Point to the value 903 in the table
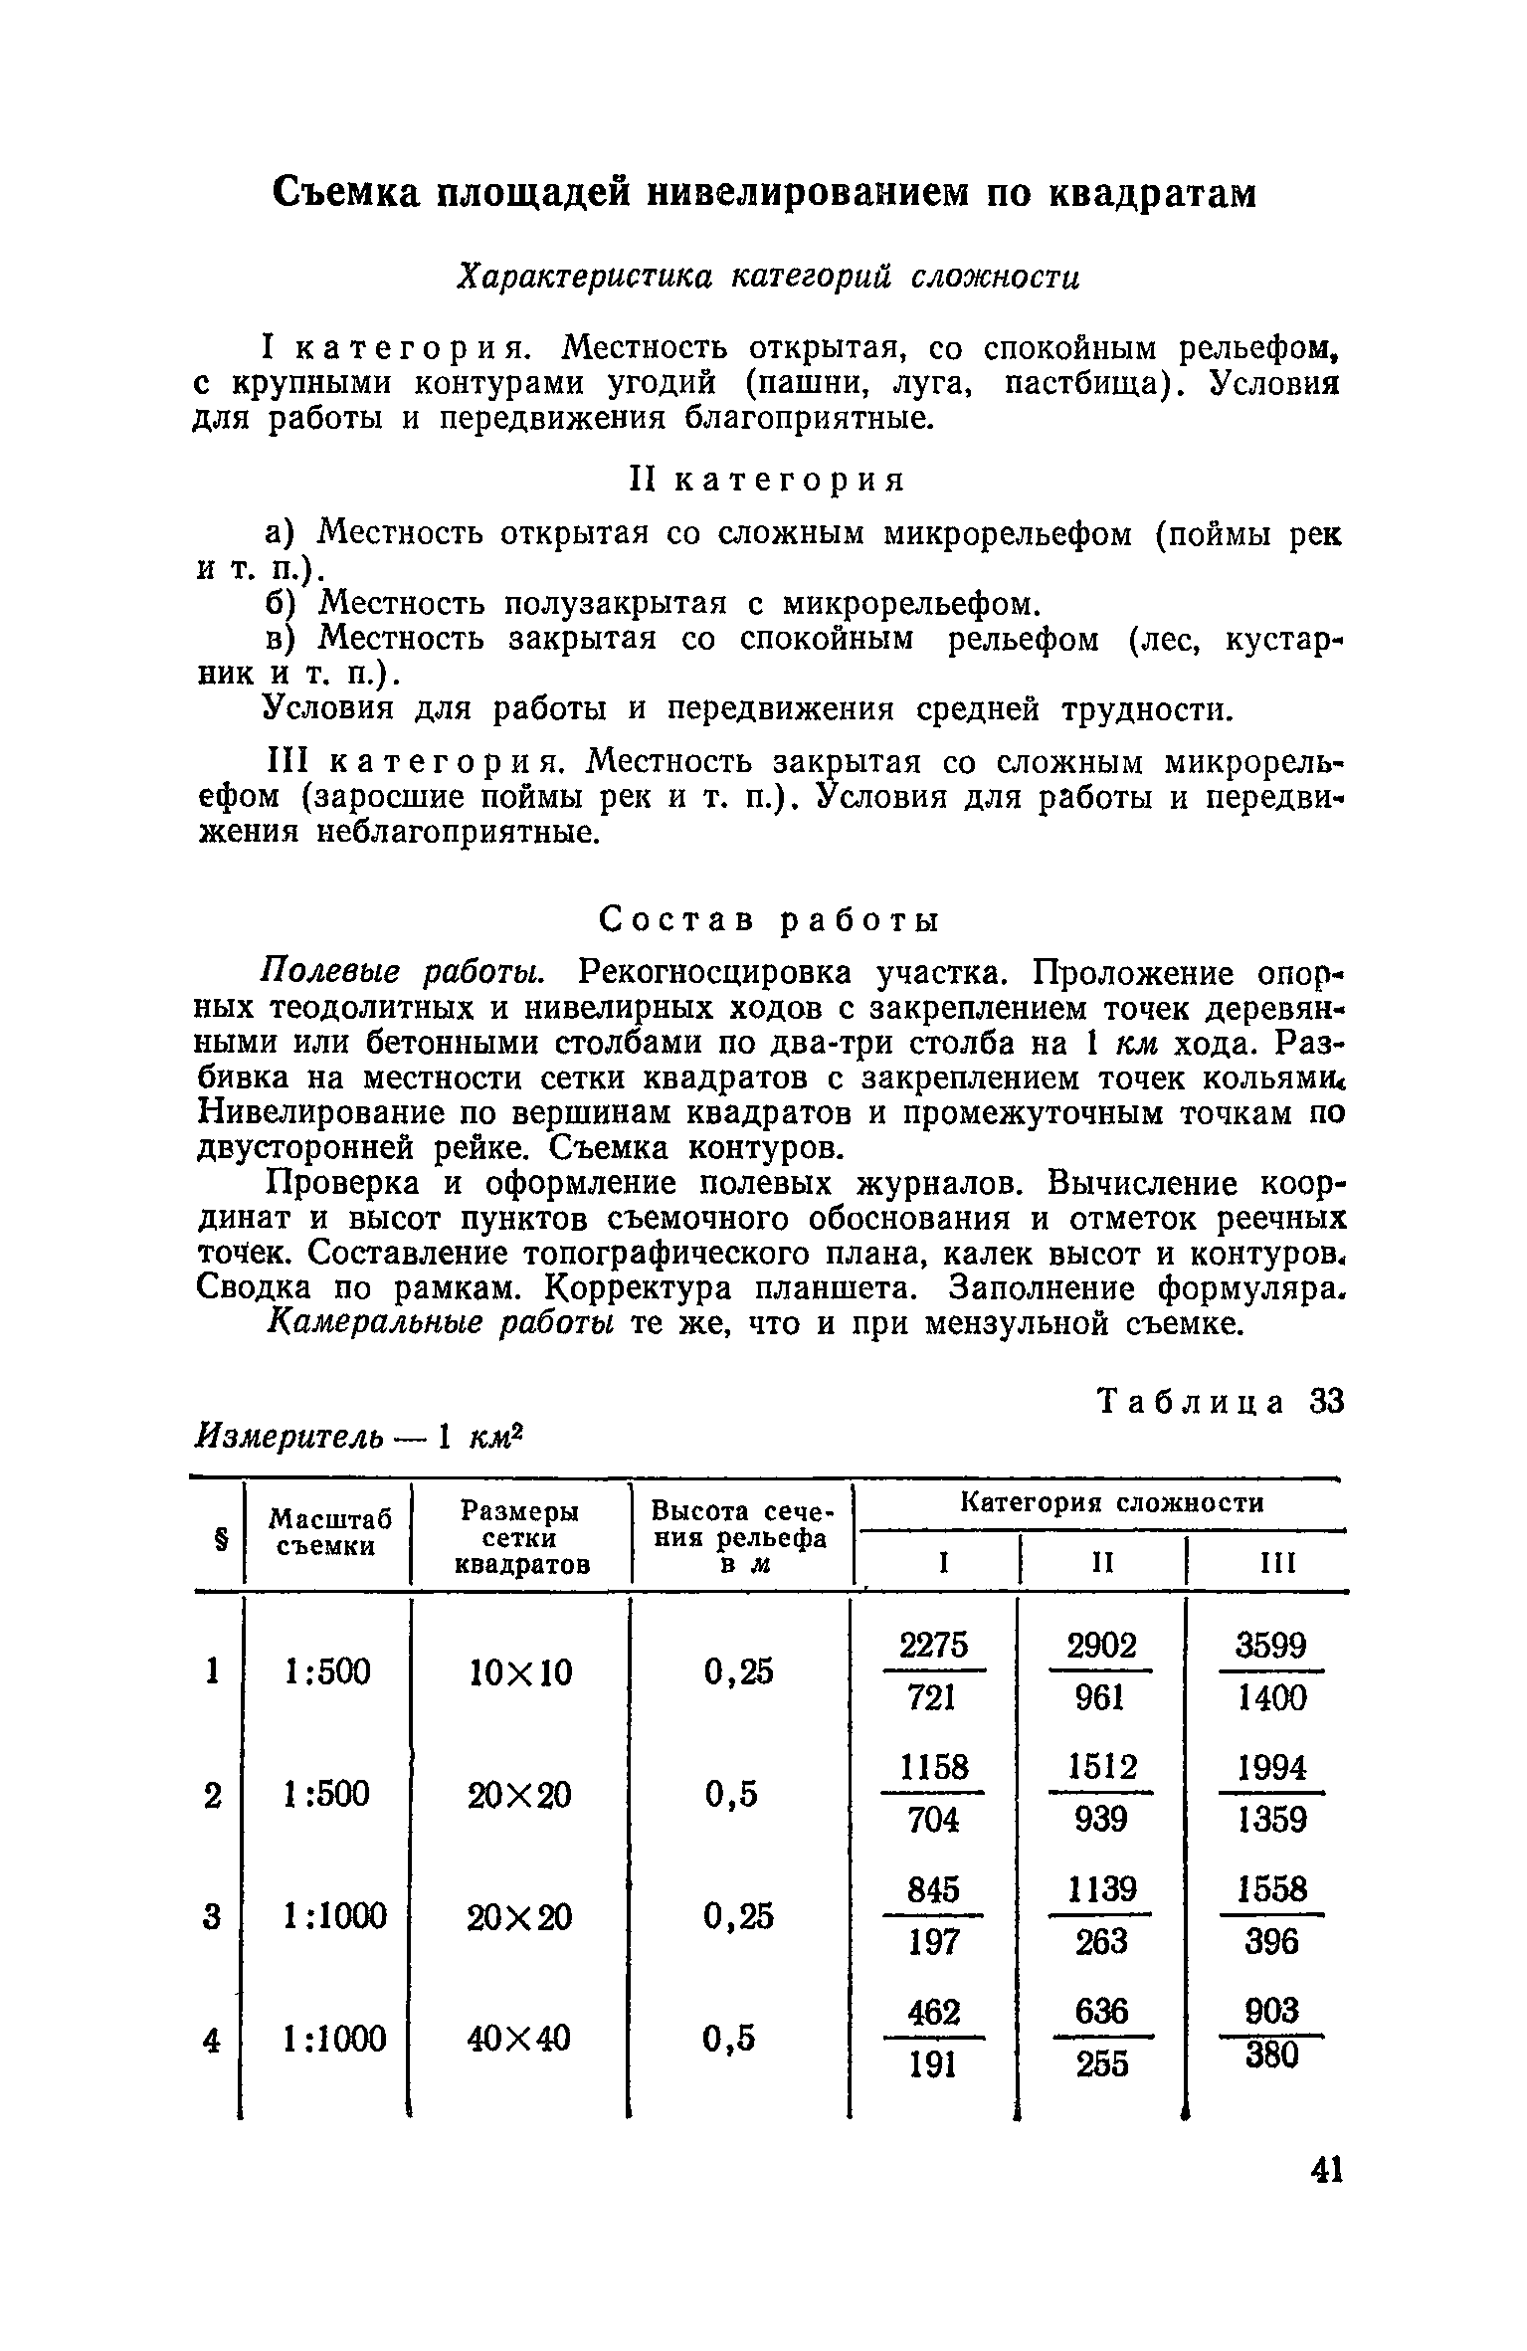tap(1273, 2012)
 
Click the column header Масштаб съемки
tap(329, 1532)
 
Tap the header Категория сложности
tap(1111, 1503)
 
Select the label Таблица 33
tap(1221, 1402)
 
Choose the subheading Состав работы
tap(769, 921)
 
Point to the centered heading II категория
tap(769, 481)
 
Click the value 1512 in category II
tap(1102, 1768)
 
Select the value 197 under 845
tap(933, 1941)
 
